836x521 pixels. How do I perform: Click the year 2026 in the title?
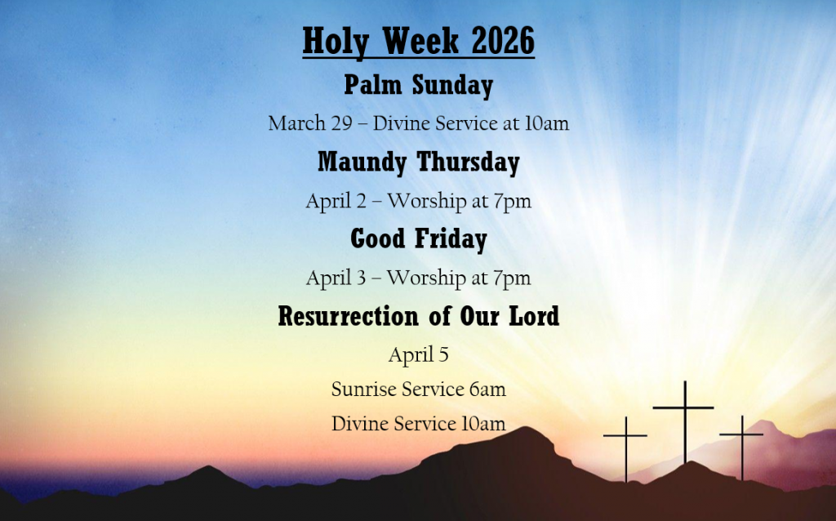click(503, 41)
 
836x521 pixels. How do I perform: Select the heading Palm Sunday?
click(419, 85)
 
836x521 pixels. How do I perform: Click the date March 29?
click(310, 123)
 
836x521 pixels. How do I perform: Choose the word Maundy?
click(362, 163)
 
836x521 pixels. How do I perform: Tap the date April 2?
click(336, 202)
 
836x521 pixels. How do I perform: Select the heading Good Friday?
click(419, 239)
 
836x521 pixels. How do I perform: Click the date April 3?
click(336, 278)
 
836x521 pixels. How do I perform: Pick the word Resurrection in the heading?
click(348, 316)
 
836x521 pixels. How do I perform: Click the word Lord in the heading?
click(534, 316)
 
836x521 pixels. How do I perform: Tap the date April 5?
click(419, 355)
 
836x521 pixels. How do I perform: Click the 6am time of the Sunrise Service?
click(487, 390)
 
